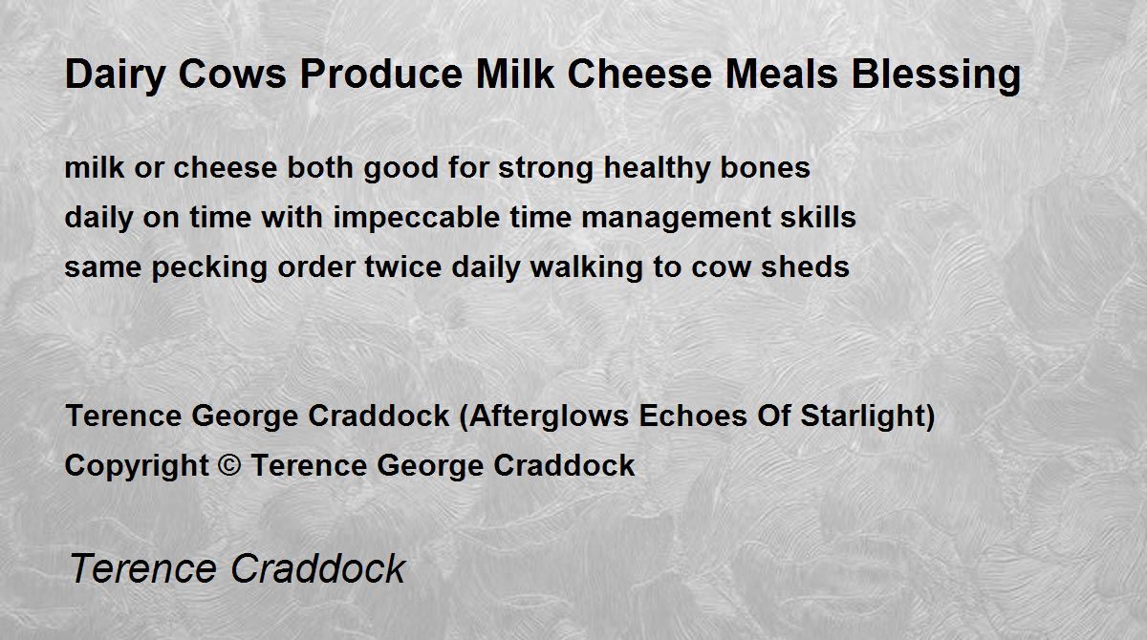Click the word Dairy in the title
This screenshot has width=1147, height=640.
tap(115, 75)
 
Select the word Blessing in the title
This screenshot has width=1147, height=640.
tap(936, 75)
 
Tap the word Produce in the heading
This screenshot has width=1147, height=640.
tap(381, 75)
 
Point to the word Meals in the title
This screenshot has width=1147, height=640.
tap(782, 75)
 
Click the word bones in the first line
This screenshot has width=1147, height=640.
tap(765, 167)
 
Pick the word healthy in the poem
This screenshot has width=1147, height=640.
tap(657, 169)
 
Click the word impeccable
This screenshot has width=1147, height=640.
tap(417, 219)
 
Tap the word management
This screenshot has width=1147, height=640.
tap(676, 219)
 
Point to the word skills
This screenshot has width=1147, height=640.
tap(818, 217)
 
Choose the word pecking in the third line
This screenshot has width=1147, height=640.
tap(209, 268)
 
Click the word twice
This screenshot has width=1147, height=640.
tap(402, 267)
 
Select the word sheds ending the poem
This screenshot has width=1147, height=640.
tap(805, 267)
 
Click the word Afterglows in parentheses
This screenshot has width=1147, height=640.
tap(548, 416)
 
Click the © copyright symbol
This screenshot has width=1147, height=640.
tap(229, 465)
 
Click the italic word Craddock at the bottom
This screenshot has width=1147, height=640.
tap(318, 568)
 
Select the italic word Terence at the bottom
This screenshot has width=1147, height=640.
tap(142, 568)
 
